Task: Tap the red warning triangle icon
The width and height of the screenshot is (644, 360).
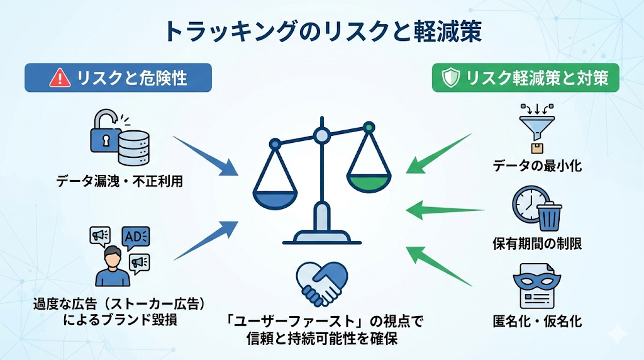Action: pos(60,77)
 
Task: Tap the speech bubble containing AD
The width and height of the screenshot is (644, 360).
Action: pos(136,237)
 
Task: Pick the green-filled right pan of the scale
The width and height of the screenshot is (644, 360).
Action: pos(369,183)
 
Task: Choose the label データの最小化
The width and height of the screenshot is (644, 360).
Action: pos(537,166)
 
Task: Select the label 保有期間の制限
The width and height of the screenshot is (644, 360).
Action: pos(537,244)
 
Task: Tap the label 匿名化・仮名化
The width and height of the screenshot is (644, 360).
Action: pos(537,321)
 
